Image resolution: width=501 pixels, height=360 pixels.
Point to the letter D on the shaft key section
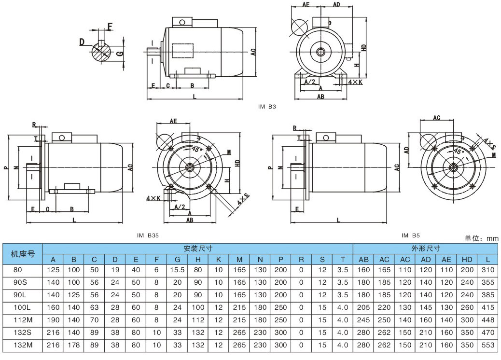point(83,42)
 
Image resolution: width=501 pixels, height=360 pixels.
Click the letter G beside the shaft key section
point(119,54)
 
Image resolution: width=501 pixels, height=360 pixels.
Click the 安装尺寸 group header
point(198,249)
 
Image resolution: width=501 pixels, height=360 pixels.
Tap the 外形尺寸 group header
point(426,249)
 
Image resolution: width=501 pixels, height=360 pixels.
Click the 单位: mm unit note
point(481,238)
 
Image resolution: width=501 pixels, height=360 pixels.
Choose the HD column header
point(467,260)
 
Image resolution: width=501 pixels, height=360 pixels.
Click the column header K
point(219,260)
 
